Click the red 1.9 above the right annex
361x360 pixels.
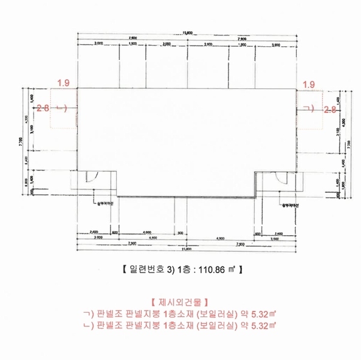309,85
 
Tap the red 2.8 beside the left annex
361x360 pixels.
43,109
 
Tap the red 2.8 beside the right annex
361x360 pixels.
329,109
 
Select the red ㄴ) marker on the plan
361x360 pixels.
60,109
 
